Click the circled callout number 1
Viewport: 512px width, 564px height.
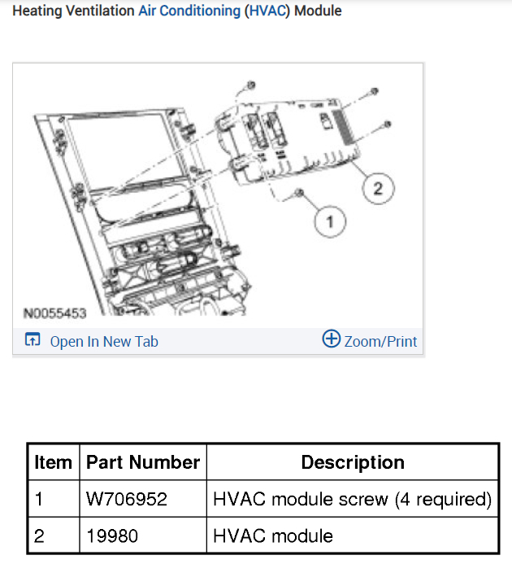330,221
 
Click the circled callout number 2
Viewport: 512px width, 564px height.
378,189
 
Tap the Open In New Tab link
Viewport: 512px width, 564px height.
104,342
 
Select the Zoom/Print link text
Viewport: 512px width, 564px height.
380,342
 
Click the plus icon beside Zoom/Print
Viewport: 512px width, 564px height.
331,339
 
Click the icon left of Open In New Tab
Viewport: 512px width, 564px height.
33,339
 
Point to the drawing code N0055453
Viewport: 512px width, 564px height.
54,313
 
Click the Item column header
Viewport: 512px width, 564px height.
53,462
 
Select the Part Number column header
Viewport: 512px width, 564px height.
143,462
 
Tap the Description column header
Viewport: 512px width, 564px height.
353,462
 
